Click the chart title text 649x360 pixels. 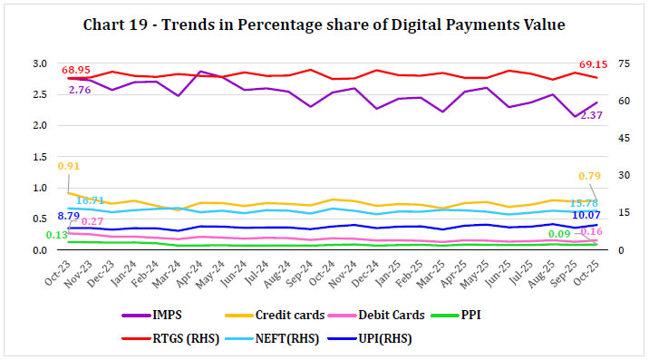pyautogui.click(x=324, y=25)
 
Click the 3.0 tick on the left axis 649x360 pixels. pyautogui.click(x=41, y=63)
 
